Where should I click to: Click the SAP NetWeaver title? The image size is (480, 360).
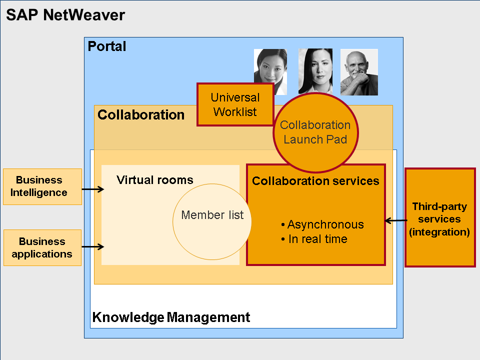pyautogui.click(x=65, y=15)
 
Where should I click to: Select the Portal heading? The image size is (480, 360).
pyautogui.click(x=107, y=46)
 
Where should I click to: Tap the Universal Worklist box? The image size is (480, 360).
pyautogui.click(x=235, y=104)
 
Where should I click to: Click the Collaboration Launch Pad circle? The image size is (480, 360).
pyautogui.click(x=315, y=132)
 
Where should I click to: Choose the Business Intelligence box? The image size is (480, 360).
pyautogui.click(x=42, y=186)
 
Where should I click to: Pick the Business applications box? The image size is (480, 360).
pyautogui.click(x=42, y=247)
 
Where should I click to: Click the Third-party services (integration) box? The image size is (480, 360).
pyautogui.click(x=439, y=217)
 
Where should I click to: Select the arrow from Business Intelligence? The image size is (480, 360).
pyautogui.click(x=92, y=189)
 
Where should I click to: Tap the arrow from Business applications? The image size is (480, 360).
pyautogui.click(x=92, y=246)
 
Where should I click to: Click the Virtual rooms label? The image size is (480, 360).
pyautogui.click(x=154, y=180)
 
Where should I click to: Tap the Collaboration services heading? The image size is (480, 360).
pyautogui.click(x=315, y=181)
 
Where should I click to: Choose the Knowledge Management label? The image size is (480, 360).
pyautogui.click(x=171, y=317)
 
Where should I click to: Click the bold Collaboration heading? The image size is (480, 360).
pyautogui.click(x=141, y=115)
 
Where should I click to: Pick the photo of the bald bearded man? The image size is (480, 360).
pyautogui.click(x=359, y=71)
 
